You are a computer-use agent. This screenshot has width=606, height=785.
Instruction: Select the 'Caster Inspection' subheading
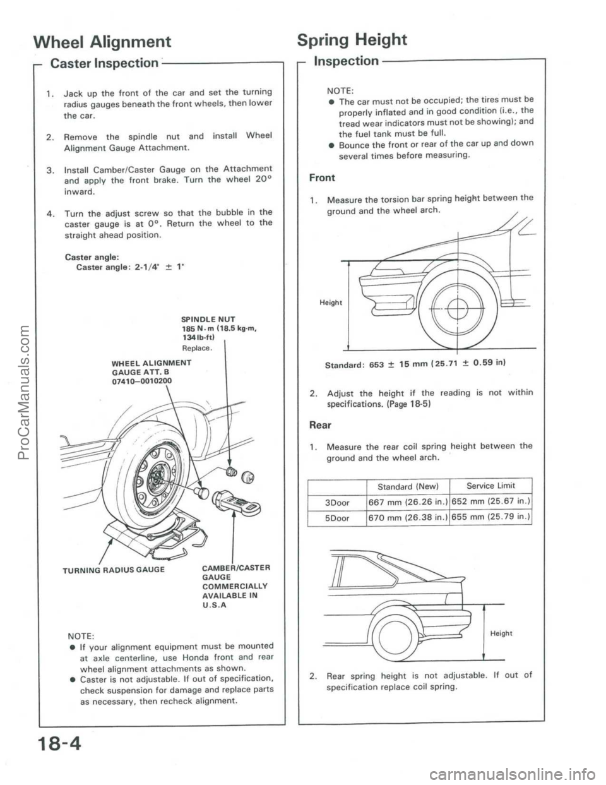pyautogui.click(x=104, y=63)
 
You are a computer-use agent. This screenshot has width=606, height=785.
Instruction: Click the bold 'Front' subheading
pyautogui.click(x=323, y=177)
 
